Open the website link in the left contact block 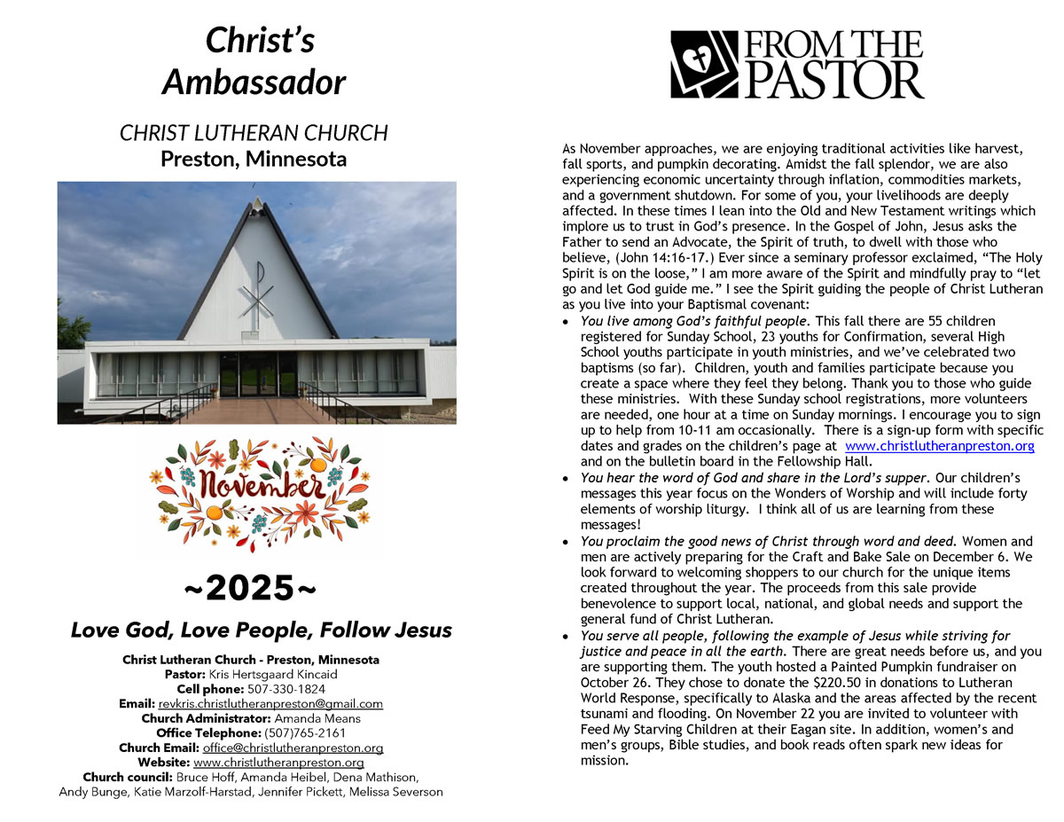[x=278, y=763]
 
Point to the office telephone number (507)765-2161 [x=305, y=733]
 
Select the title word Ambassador [x=254, y=82]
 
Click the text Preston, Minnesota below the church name [x=254, y=160]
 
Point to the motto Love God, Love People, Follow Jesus [x=261, y=630]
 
